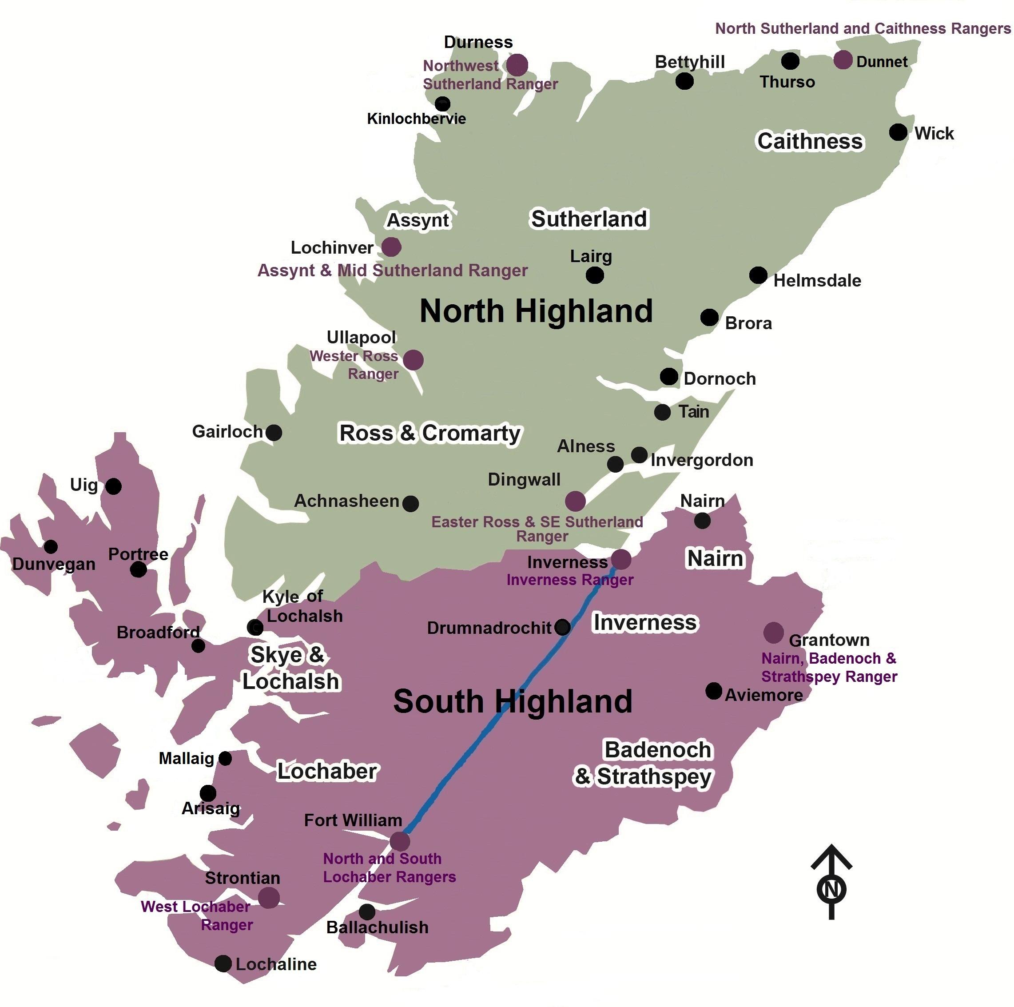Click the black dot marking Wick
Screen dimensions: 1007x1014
(x=898, y=132)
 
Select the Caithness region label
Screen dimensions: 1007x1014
(x=809, y=141)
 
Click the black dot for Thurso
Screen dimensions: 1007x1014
(x=790, y=61)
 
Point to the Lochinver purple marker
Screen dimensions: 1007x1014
(x=391, y=246)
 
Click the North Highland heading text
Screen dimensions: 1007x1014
(x=536, y=311)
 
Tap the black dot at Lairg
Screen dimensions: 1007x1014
(x=595, y=275)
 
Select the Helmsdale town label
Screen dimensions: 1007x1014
(x=817, y=280)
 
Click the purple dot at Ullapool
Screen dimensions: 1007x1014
(x=413, y=360)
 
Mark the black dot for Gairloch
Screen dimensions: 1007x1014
(x=274, y=433)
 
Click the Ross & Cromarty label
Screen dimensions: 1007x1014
(x=430, y=433)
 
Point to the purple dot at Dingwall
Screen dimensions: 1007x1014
(x=575, y=501)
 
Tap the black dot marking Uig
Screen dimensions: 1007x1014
(x=113, y=486)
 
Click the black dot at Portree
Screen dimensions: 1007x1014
(x=138, y=569)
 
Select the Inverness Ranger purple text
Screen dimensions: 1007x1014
(x=569, y=580)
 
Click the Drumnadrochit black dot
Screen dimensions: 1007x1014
(x=562, y=626)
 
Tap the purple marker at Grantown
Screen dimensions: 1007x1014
(x=773, y=633)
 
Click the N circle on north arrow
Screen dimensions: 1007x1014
(x=831, y=889)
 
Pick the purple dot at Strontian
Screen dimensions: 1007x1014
(x=269, y=898)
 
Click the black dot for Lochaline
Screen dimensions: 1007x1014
(x=223, y=963)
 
